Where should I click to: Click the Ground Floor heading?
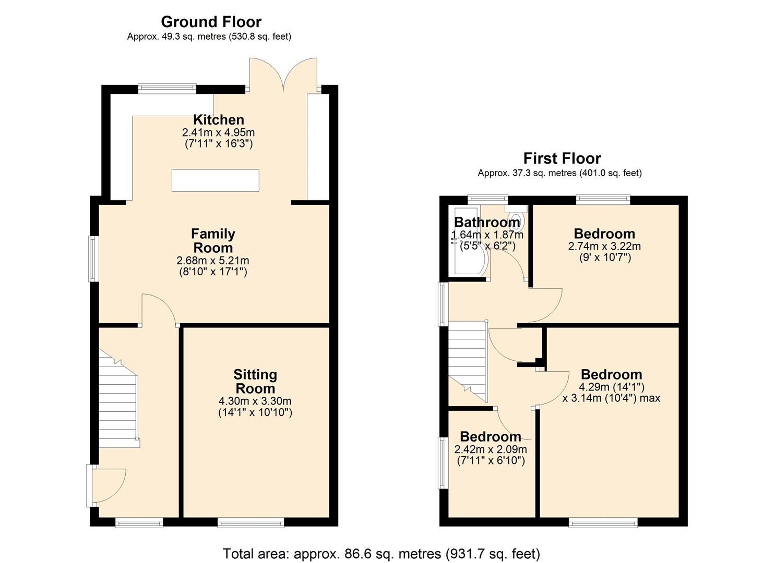[x=211, y=22]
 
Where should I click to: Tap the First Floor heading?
[x=562, y=158]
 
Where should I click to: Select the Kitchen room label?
[x=218, y=119]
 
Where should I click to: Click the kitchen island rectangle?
[x=216, y=180]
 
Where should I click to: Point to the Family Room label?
[x=213, y=241]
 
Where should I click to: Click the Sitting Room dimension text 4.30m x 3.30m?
[x=255, y=401]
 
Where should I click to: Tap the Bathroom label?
[x=487, y=223]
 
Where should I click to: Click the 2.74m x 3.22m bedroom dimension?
[x=604, y=246]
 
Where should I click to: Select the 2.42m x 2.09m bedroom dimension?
[x=491, y=449]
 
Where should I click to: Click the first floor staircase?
[x=467, y=360]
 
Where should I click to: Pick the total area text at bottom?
[x=381, y=554]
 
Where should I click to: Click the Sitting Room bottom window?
[x=251, y=522]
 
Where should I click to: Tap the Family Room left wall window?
[x=93, y=259]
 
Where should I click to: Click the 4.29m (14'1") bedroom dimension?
[x=611, y=387]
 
